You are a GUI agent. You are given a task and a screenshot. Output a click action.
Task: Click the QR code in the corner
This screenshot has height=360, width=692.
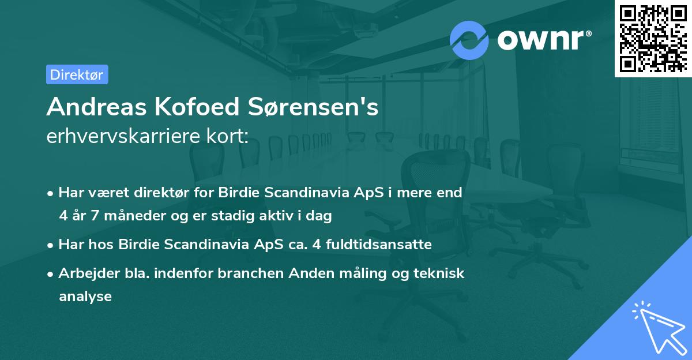[653, 38]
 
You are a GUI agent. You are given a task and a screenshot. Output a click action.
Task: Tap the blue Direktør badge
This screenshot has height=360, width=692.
[77, 74]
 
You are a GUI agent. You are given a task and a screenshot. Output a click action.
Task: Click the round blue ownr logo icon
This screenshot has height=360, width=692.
[469, 39]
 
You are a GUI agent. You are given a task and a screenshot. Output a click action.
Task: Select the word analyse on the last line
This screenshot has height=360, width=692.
[85, 297]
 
